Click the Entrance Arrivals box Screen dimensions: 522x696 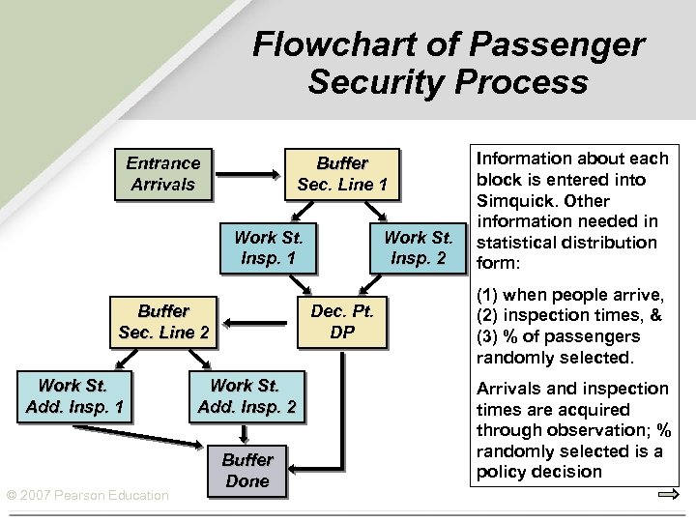point(162,174)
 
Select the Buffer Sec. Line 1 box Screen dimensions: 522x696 point(341,174)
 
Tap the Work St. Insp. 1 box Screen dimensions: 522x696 point(269,248)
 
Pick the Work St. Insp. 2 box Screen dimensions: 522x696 point(418,248)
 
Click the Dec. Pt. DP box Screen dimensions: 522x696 point(341,322)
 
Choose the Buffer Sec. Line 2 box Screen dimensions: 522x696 point(162,322)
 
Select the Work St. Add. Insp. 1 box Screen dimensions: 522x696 point(74,396)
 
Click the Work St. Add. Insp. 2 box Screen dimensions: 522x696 point(246,396)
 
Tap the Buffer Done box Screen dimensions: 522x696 point(247,471)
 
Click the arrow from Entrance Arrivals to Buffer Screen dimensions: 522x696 point(248,175)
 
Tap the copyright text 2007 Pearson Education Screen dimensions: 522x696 point(87,496)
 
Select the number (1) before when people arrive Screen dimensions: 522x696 point(488,295)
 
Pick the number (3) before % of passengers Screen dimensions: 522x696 point(488,337)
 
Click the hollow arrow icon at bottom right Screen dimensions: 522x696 point(666,495)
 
